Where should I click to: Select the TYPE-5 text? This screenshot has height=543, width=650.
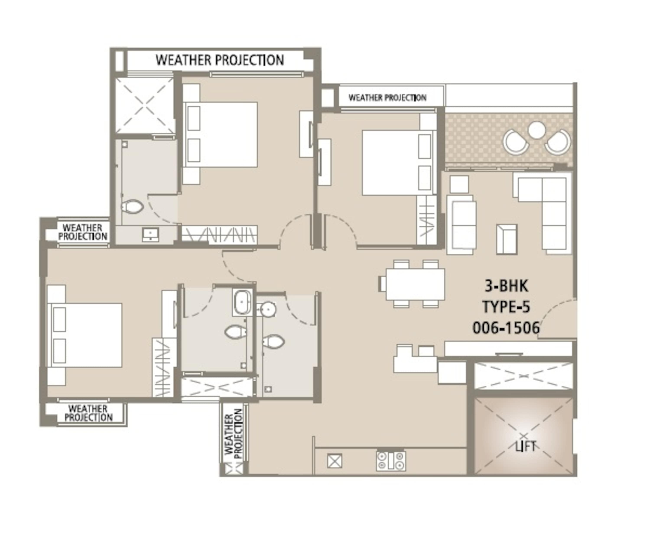point(506,307)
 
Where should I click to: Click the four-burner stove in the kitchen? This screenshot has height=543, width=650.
point(391,461)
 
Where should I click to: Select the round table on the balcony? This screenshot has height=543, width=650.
point(537,130)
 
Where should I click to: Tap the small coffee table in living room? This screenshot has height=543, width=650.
point(507,239)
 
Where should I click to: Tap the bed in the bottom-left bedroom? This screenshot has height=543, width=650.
point(84,335)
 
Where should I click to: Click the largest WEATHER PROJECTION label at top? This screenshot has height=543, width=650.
point(220,60)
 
